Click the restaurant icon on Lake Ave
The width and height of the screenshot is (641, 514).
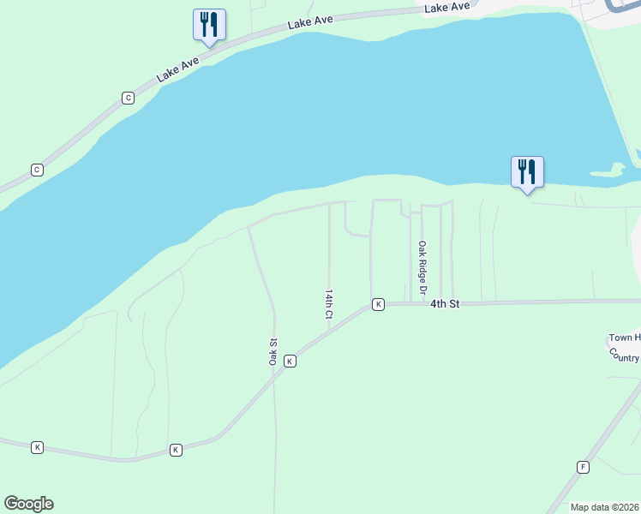pyautogui.click(x=210, y=25)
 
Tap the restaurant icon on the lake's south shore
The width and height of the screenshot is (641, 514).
pyautogui.click(x=527, y=172)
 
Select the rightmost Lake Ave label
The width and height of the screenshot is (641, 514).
pyautogui.click(x=447, y=7)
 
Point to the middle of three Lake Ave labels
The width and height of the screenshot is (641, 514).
pyautogui.click(x=310, y=21)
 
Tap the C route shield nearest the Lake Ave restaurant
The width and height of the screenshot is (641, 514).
pyautogui.click(x=128, y=98)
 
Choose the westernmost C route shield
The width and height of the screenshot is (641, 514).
pyautogui.click(x=37, y=170)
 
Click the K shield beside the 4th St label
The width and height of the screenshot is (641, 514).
pyautogui.click(x=378, y=304)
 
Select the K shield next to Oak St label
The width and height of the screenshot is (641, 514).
pyautogui.click(x=290, y=362)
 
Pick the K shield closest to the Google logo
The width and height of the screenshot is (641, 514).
pyautogui.click(x=37, y=447)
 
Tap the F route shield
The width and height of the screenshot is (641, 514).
pyautogui.click(x=584, y=467)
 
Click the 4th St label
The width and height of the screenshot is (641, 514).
pyautogui.click(x=445, y=304)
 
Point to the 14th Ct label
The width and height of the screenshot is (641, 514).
pyautogui.click(x=328, y=304)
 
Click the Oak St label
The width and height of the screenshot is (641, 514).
pyautogui.click(x=273, y=352)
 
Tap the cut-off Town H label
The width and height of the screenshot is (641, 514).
pyautogui.click(x=624, y=338)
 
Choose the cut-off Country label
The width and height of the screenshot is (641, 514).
pyautogui.click(x=626, y=356)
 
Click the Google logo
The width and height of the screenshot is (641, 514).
pyautogui.click(x=28, y=504)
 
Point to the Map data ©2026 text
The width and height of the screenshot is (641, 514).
pyautogui.click(x=604, y=507)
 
